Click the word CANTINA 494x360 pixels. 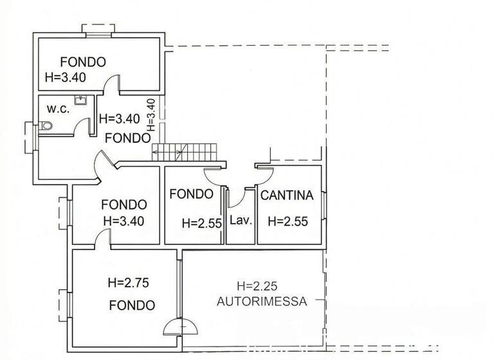(x=286, y=195)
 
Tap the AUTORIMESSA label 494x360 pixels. (x=262, y=301)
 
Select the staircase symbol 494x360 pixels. (x=187, y=152)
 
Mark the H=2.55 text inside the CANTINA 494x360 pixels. (x=288, y=222)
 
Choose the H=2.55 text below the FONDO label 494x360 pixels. (x=201, y=223)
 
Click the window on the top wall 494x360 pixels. (x=98, y=30)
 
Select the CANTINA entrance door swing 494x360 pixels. (x=266, y=171)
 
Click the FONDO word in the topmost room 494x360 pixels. (x=83, y=62)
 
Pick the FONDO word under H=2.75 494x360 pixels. (x=132, y=305)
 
